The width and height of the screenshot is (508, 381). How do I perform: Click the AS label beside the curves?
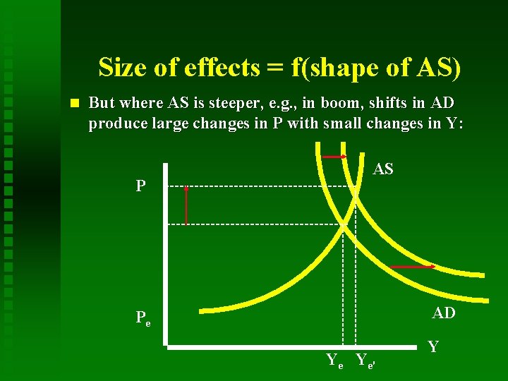point(383,169)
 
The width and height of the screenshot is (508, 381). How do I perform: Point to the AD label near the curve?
point(443,313)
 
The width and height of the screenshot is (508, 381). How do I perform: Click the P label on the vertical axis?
point(141,186)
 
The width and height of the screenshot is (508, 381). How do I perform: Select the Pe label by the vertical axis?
point(143,318)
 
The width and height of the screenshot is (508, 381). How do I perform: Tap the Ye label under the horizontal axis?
point(334,360)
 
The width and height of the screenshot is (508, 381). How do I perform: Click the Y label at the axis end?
point(433,346)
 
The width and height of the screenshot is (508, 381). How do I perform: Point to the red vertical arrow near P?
point(186,205)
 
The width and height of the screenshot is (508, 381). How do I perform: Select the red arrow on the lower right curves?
point(413,267)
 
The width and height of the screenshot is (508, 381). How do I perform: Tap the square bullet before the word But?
point(75,103)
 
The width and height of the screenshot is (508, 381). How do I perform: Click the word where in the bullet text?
point(141,103)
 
